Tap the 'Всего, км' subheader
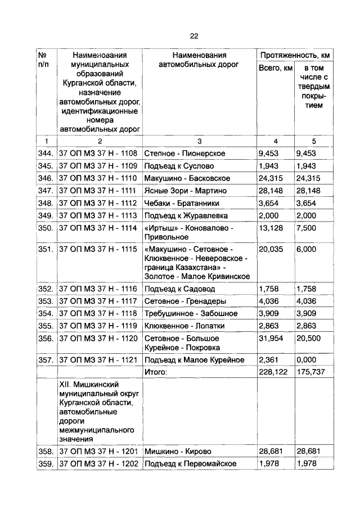click(275, 68)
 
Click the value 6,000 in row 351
click(307, 249)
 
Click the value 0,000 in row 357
click(307, 359)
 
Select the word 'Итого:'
click(157, 372)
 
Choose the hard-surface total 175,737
click(309, 372)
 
